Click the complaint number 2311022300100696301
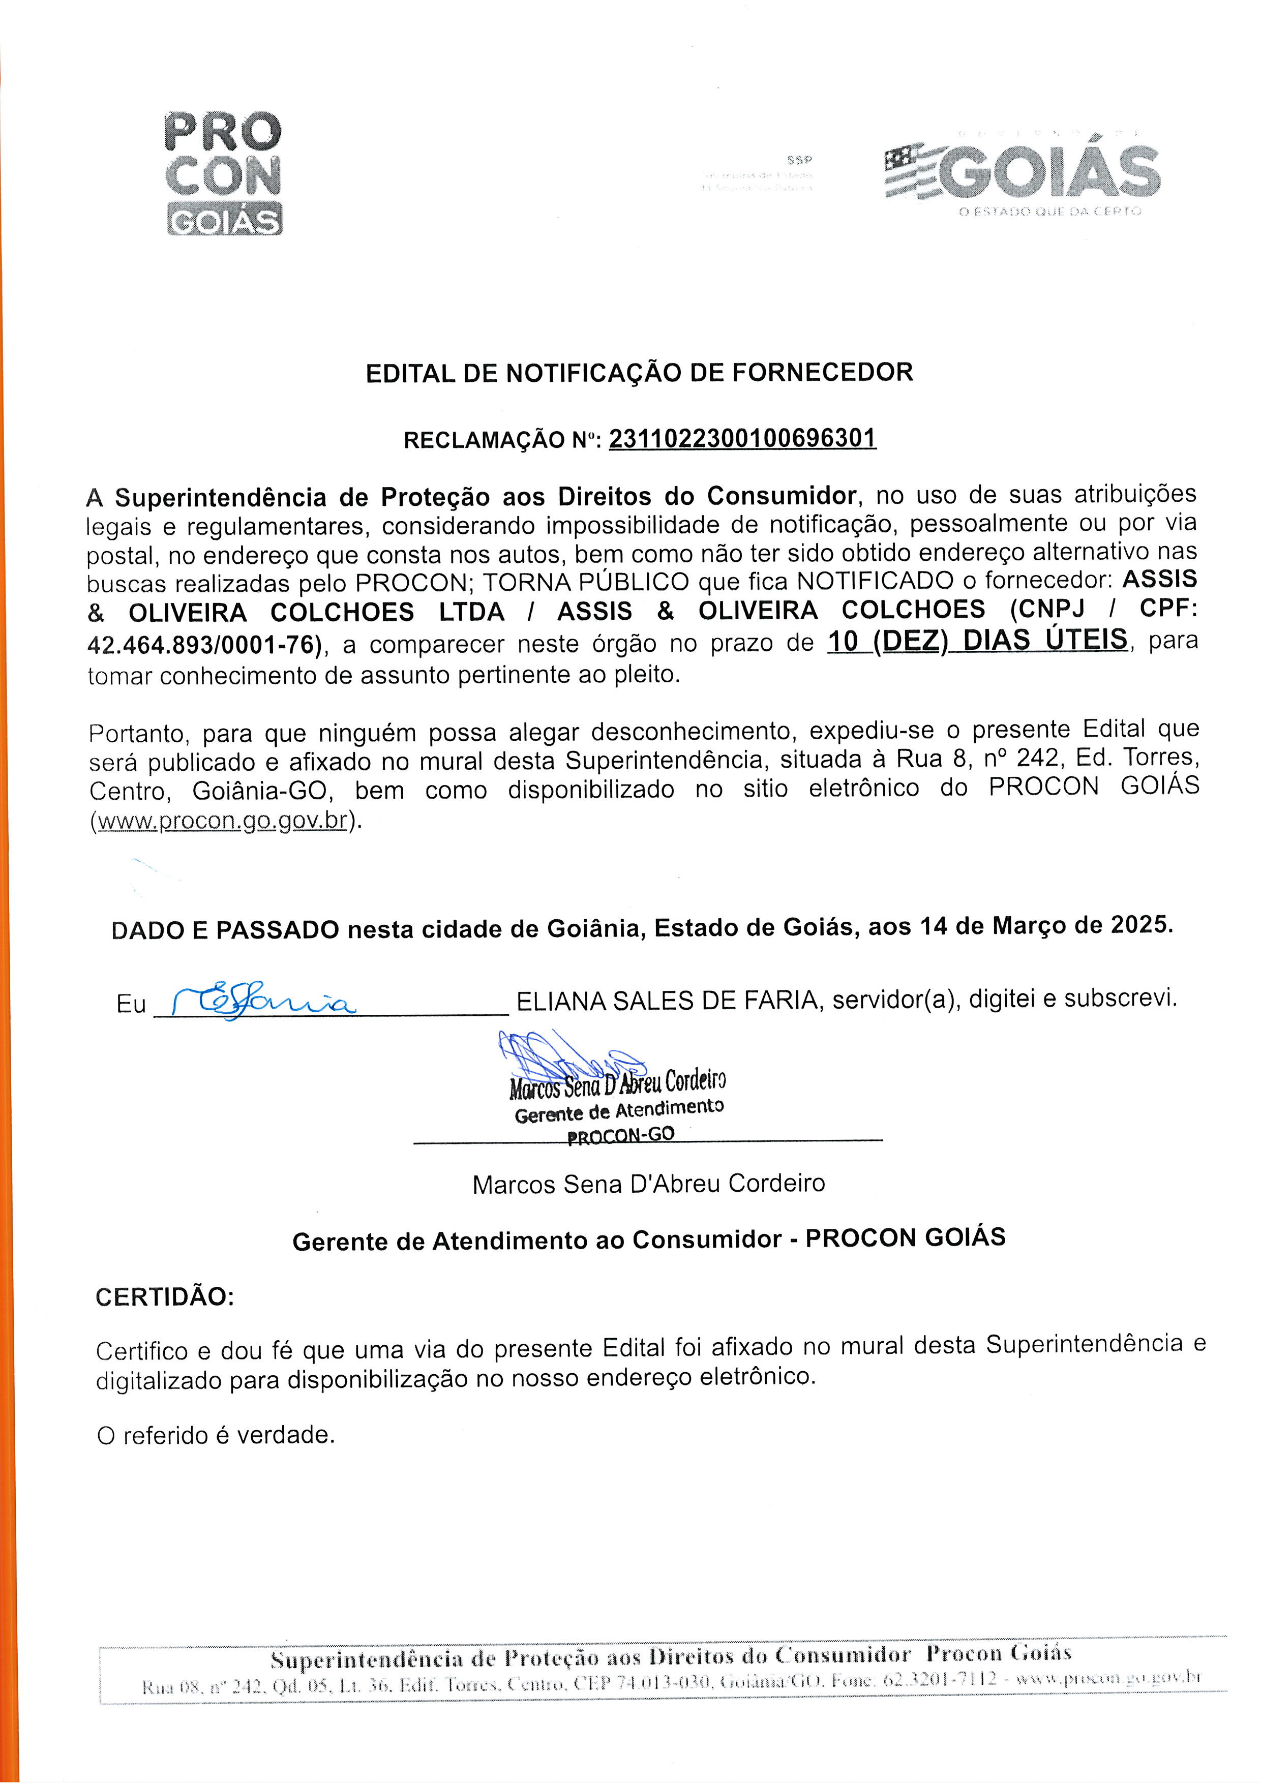742,439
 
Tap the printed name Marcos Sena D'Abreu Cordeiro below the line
648,1184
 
